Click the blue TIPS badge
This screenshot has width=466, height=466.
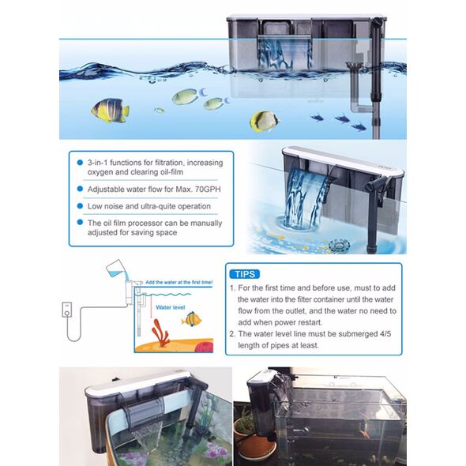[245, 274]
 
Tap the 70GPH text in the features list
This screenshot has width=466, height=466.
[208, 190]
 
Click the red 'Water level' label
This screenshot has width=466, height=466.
[171, 307]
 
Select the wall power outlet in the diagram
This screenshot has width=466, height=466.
[67, 310]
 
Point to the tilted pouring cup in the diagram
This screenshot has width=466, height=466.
[115, 268]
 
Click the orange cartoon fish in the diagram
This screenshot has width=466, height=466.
[191, 319]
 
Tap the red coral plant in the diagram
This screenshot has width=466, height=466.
[160, 333]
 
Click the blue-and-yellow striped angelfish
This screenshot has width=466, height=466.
[110, 111]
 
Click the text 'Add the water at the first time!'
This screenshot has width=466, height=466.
[179, 282]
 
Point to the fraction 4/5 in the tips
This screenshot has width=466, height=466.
[385, 334]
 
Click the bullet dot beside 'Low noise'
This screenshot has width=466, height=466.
[80, 206]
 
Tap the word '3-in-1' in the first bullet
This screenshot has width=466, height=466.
[97, 163]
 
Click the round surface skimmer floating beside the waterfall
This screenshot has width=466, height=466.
[339, 245]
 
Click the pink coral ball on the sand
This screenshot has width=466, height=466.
[205, 347]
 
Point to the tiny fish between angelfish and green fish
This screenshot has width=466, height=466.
[160, 111]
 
